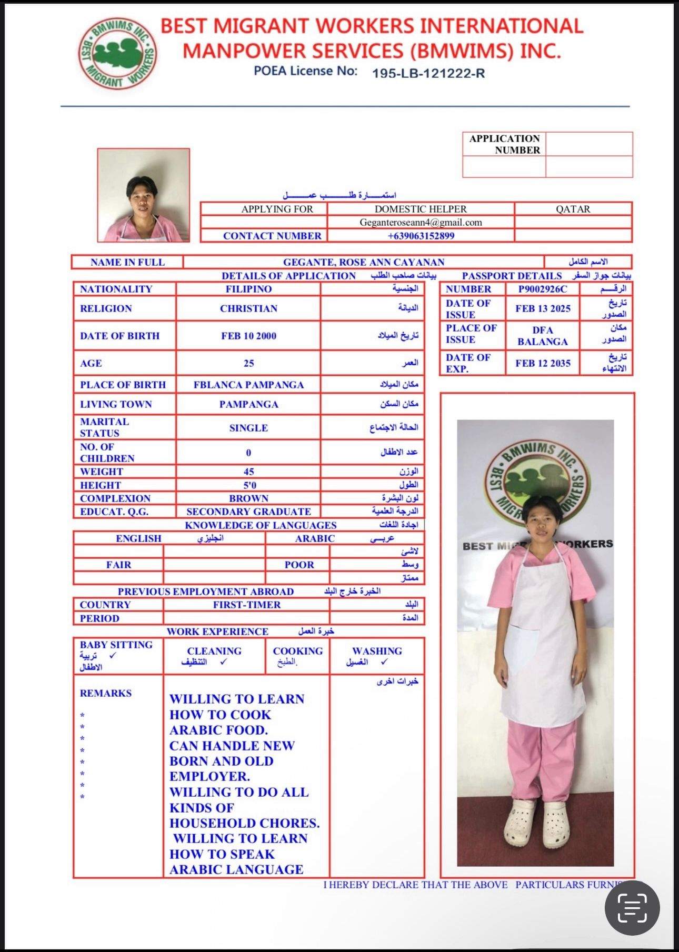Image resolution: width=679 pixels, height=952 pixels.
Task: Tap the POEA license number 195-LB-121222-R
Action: tap(428, 74)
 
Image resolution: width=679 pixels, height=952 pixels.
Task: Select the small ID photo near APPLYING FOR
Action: tap(143, 195)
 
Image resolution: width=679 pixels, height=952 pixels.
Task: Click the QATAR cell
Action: tap(573, 209)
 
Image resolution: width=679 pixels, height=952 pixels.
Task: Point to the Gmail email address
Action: tap(421, 222)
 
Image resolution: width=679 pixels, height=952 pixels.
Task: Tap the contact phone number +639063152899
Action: tap(421, 236)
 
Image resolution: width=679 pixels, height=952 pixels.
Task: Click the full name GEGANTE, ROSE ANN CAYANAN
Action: tap(364, 262)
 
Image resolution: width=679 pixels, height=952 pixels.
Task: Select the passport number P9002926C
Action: tap(543, 289)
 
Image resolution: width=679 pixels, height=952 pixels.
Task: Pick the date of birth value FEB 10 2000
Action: tap(248, 336)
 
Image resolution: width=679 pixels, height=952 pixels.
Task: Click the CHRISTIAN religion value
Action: tap(248, 308)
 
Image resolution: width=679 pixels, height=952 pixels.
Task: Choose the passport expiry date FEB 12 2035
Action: tap(543, 363)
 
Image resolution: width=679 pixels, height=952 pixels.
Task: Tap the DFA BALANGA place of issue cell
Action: tap(543, 336)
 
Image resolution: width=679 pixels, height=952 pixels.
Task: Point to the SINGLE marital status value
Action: tap(248, 428)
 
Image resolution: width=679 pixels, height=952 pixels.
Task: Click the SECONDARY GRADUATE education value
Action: tap(248, 512)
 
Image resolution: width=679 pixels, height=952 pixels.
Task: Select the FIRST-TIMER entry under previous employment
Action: tap(247, 605)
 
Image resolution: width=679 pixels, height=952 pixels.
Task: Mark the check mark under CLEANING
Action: tap(224, 662)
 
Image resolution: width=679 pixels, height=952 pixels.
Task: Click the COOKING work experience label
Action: tap(297, 651)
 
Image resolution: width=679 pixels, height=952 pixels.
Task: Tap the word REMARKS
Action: tap(106, 693)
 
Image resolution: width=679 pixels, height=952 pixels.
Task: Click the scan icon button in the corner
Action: tap(632, 908)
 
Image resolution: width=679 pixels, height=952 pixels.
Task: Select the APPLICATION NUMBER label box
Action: tap(504, 144)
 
